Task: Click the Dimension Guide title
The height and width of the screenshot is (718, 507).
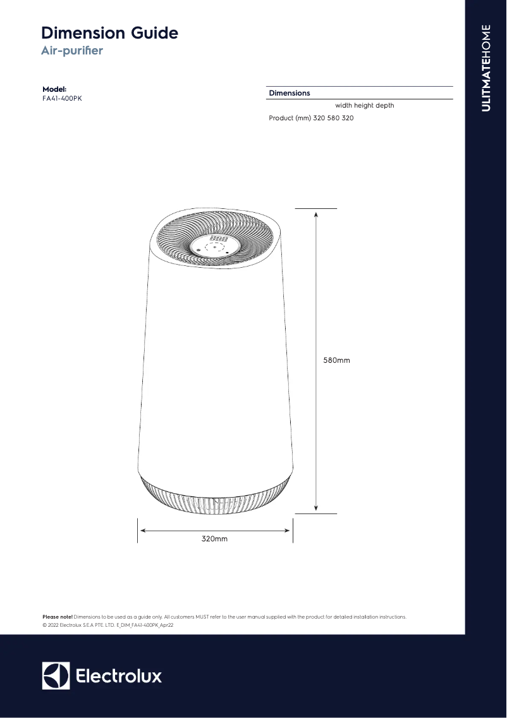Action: (109, 33)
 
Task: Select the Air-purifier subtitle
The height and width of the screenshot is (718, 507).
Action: (71, 51)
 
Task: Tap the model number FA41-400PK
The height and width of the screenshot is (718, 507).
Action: (61, 98)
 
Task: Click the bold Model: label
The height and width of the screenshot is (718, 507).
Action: (54, 89)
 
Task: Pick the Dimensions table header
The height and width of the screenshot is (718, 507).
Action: (290, 93)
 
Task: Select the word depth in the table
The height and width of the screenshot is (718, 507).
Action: (385, 106)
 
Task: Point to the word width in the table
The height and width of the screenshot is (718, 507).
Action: (343, 106)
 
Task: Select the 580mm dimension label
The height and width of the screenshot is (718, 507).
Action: (336, 360)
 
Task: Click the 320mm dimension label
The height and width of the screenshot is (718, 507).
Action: (214, 539)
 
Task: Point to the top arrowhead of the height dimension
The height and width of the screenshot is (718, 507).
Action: (315, 214)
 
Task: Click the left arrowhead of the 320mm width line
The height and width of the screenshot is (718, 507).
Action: (142, 531)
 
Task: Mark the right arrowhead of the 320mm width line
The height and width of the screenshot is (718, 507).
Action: (288, 531)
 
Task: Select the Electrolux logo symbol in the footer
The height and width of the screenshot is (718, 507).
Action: (56, 676)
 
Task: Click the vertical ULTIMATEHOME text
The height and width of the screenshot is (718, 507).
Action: (486, 68)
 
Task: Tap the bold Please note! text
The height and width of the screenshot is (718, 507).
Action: (58, 617)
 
